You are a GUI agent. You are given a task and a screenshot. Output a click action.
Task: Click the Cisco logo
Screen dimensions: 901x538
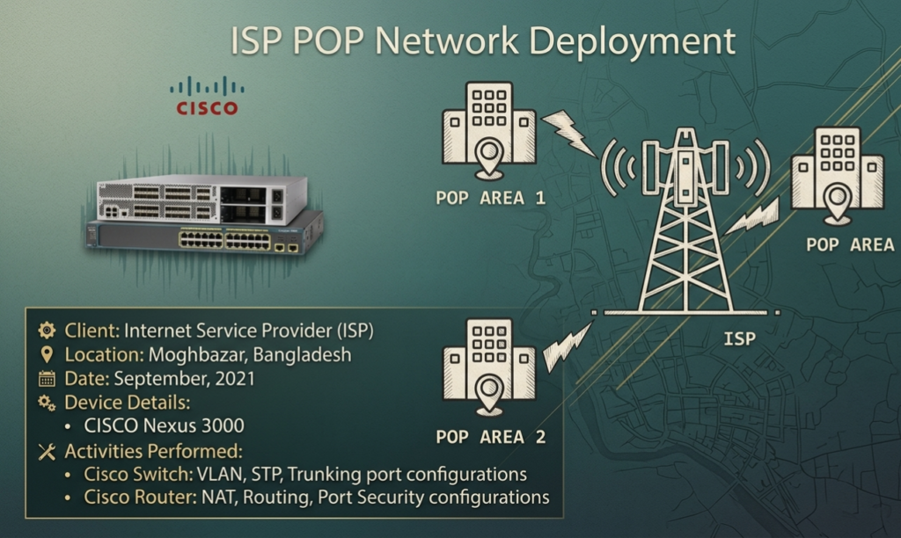pos(207,96)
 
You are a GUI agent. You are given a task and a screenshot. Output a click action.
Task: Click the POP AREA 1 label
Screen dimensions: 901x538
pos(490,198)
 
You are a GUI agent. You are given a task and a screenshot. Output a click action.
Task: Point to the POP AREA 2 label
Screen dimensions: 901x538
pos(490,437)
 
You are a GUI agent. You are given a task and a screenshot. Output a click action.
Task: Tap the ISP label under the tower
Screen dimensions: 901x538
pos(739,338)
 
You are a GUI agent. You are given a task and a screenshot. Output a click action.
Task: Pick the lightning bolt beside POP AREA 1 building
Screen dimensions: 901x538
pos(569,134)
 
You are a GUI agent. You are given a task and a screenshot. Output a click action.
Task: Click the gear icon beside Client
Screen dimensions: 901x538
pos(47,331)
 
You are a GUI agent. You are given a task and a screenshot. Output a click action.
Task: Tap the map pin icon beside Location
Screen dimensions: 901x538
pos(47,355)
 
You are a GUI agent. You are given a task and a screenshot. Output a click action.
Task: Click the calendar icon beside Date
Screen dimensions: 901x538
pos(47,378)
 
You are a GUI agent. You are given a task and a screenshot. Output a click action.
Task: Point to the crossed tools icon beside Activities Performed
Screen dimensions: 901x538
pos(47,451)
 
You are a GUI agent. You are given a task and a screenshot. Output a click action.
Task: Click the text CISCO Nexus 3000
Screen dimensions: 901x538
pos(165,425)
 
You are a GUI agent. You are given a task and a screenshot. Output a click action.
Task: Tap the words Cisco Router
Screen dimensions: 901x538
pos(140,497)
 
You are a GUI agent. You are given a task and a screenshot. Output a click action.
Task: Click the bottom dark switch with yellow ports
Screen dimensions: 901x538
pos(206,236)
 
